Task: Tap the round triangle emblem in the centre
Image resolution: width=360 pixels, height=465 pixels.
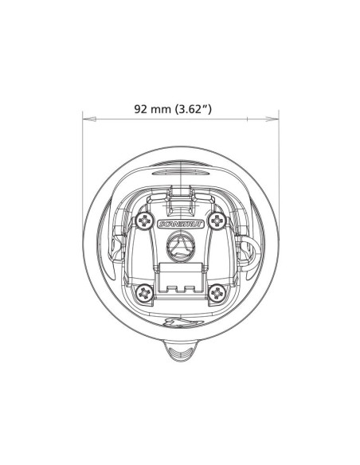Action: click(181, 247)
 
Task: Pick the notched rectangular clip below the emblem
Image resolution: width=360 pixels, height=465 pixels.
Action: click(181, 275)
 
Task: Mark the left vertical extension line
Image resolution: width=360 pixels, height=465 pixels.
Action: click(84, 159)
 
